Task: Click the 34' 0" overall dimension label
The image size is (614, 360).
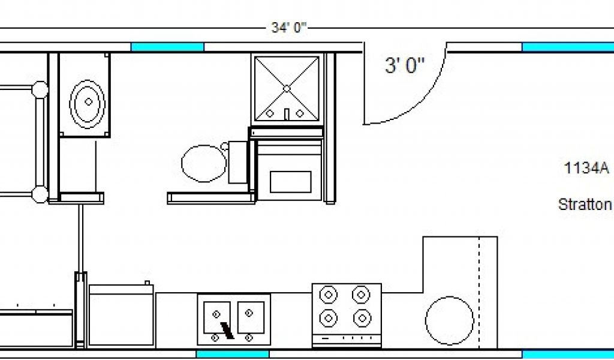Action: (288, 28)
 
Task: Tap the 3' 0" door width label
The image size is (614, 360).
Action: (405, 65)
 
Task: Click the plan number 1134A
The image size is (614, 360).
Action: (586, 168)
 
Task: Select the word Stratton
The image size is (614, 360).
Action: (585, 204)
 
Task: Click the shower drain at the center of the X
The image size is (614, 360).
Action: (287, 89)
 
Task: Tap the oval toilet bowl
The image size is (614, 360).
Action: (204, 163)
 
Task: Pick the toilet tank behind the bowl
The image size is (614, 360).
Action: (237, 162)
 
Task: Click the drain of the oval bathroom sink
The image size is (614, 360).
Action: (89, 102)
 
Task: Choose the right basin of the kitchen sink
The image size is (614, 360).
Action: (251, 317)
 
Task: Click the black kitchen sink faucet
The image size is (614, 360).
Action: (227, 331)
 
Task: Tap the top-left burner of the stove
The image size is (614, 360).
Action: (329, 295)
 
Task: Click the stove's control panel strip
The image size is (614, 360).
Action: (347, 337)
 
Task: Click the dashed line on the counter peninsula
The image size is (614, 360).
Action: (479, 292)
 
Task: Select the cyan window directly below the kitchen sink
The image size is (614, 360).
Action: (233, 354)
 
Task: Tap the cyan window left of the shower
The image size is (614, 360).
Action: (167, 47)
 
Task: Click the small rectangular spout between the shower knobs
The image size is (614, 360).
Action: (287, 115)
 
